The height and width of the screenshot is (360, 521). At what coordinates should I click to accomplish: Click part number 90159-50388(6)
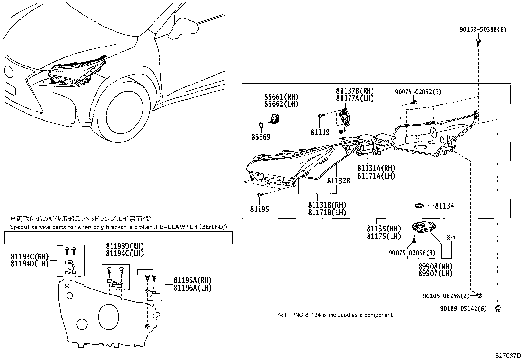(483, 30)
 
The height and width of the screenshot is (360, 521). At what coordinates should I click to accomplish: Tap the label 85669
(261, 137)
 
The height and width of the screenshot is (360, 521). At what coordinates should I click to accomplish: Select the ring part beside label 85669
(261, 125)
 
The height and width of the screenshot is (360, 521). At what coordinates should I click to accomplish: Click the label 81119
(320, 132)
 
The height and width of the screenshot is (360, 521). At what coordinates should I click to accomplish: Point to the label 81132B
(338, 180)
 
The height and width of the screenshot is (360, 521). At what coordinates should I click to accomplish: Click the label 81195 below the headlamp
(260, 209)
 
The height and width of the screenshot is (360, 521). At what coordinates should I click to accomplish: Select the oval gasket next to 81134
(419, 206)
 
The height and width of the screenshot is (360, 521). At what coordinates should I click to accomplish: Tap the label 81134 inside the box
(444, 206)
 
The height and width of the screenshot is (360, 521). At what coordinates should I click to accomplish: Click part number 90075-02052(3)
(418, 92)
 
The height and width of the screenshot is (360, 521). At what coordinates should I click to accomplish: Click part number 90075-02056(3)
(412, 253)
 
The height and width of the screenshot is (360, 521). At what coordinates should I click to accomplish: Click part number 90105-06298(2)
(446, 296)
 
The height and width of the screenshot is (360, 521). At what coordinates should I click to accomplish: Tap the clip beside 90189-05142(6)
(498, 308)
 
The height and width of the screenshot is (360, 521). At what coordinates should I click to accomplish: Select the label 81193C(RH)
(30, 256)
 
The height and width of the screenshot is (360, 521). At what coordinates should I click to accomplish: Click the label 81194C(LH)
(125, 253)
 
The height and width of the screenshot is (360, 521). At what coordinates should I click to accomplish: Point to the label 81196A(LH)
(192, 288)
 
